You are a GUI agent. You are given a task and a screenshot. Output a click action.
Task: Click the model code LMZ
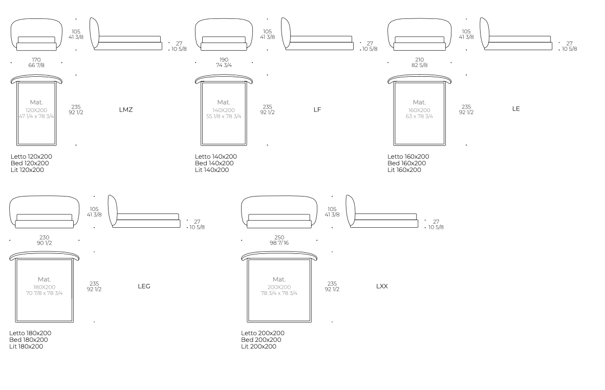[x=126, y=110]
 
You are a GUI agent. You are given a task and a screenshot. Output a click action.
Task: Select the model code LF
[x=317, y=110]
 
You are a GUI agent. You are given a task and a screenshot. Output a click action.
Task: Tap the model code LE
[x=516, y=109]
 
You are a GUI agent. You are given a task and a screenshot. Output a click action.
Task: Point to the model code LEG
[x=144, y=286]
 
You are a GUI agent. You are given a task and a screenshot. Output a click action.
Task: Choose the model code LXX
[x=382, y=286]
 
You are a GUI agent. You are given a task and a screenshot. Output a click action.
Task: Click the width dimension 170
[x=36, y=60]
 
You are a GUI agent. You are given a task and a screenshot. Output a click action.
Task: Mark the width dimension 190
[x=224, y=60]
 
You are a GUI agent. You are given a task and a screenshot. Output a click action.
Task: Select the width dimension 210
[x=419, y=60]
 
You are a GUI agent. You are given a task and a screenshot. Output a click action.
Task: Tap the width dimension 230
[x=45, y=237]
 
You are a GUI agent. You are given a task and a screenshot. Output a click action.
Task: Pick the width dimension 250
[x=279, y=237]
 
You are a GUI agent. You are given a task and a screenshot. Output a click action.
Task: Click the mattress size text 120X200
[x=36, y=111]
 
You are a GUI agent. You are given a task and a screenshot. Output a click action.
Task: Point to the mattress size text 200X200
[x=279, y=288]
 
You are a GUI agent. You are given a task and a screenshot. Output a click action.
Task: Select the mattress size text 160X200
[x=419, y=111]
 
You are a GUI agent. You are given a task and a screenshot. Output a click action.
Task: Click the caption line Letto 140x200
[x=215, y=157]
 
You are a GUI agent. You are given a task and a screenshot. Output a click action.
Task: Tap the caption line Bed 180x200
[x=29, y=340]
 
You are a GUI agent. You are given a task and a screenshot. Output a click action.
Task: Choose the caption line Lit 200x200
[x=258, y=346]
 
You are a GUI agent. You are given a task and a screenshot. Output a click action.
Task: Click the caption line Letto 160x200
[x=408, y=157]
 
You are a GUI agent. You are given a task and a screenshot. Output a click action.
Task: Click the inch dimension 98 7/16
[x=279, y=243]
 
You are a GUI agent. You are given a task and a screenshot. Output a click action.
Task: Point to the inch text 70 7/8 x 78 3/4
[x=45, y=293]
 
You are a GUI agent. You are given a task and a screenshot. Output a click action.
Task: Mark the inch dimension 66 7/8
[x=36, y=65]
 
